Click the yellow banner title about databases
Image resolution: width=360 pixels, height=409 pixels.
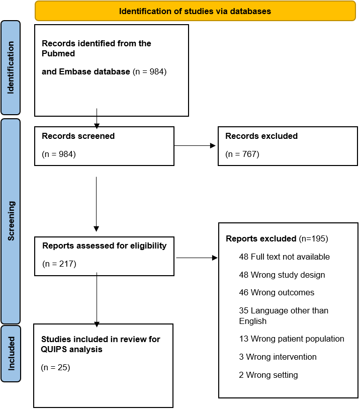point(195,11)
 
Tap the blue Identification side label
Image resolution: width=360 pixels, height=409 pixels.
point(11,67)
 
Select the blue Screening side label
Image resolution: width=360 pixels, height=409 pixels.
point(11,221)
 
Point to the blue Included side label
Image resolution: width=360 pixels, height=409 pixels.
point(11,354)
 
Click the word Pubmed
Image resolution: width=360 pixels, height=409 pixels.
point(58,53)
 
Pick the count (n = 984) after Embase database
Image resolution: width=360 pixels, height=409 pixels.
point(150,71)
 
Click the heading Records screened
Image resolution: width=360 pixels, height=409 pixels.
point(78,136)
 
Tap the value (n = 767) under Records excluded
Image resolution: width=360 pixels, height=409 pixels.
point(242,154)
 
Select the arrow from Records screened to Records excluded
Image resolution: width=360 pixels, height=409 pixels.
point(195,145)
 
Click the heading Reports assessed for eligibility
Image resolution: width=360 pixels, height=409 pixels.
point(104,246)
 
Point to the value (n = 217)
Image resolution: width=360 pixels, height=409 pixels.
point(59,264)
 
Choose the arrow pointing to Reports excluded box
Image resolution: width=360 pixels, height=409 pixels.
point(197,258)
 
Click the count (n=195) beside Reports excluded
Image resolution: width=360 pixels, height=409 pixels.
point(313,238)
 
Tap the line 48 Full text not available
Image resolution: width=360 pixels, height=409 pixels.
point(285,257)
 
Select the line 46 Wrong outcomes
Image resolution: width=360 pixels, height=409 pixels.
point(277,292)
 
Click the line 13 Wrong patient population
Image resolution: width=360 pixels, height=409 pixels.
point(292,339)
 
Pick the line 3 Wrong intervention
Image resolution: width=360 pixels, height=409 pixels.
point(278,357)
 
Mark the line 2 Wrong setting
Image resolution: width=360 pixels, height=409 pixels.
point(268,375)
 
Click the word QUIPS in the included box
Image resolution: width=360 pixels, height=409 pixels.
point(53,349)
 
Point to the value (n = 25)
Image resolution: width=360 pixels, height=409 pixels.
point(55,367)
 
